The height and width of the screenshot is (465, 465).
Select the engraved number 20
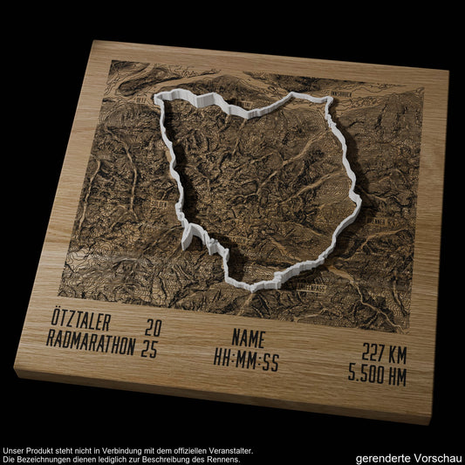[154, 329]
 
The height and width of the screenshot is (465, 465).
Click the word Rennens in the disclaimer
[220, 459]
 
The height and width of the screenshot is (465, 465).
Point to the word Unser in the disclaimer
[15, 450]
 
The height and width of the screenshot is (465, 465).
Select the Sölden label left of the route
[158, 206]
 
